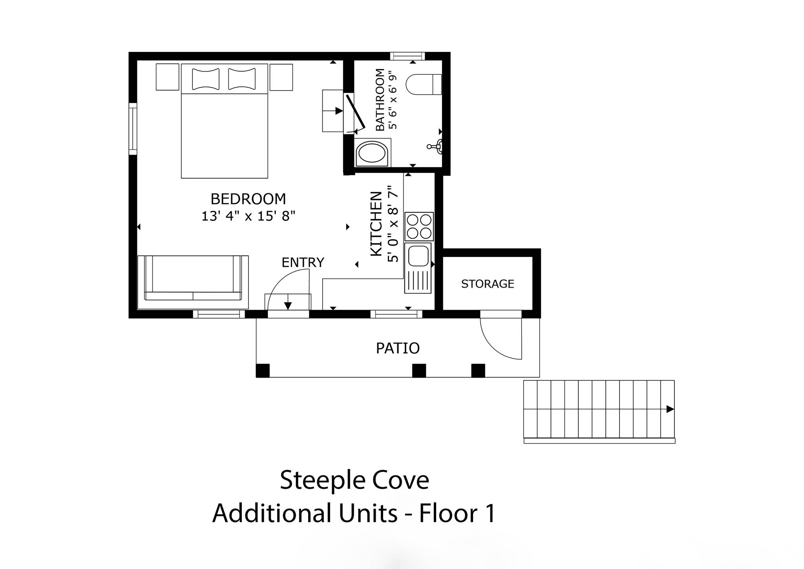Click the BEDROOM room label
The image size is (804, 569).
tap(248, 199)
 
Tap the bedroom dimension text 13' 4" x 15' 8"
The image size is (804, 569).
tap(248, 216)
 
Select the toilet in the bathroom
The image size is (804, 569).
tap(424, 84)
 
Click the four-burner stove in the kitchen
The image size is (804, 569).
tap(419, 227)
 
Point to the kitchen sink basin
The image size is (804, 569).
tap(418, 256)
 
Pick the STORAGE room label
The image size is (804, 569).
tap(488, 284)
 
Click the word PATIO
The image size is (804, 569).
tap(398, 348)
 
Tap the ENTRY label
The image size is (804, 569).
tap(303, 262)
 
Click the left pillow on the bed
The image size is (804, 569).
tap(206, 79)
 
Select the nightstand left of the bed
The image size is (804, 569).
tap(168, 77)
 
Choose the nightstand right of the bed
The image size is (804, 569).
tap(281, 77)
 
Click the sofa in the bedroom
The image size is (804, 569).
tap(193, 282)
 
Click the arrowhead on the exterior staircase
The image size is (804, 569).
tap(670, 409)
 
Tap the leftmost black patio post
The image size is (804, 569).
tap(263, 371)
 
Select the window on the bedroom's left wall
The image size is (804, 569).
tap(133, 129)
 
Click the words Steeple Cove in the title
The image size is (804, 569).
tap(354, 480)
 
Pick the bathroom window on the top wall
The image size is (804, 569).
tap(407, 56)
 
